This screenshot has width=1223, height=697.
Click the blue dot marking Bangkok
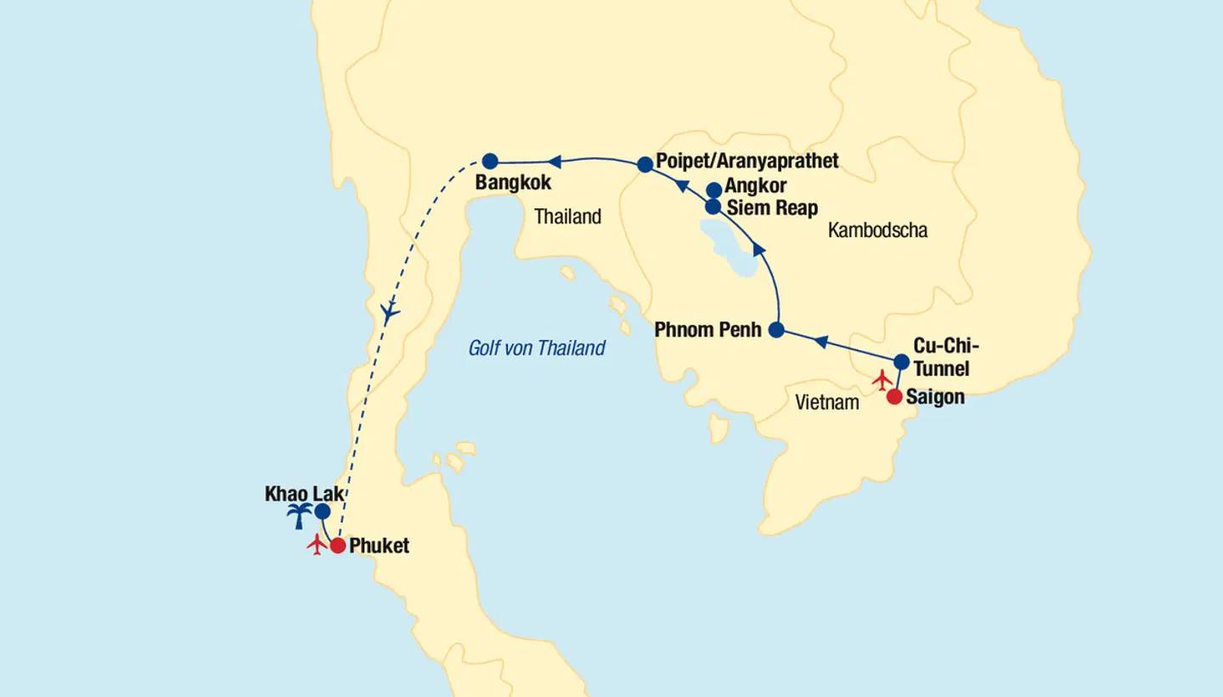[490, 161]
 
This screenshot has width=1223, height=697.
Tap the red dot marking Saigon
[894, 396]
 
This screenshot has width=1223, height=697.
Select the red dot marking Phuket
[337, 546]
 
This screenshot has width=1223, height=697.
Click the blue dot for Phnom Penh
[775, 330]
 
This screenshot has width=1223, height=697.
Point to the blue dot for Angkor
[713, 190]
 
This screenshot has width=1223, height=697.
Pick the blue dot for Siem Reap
[713, 207]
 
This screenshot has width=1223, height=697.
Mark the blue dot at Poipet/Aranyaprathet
[645, 165]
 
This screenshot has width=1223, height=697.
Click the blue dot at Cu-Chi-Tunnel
[902, 362]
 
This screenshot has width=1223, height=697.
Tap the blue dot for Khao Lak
[322, 512]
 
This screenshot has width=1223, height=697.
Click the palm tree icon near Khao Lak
[299, 515]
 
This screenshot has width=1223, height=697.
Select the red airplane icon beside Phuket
[318, 545]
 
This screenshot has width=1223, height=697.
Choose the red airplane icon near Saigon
[882, 378]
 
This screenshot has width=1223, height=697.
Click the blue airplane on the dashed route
[390, 312]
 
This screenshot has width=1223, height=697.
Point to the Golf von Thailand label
[537, 348]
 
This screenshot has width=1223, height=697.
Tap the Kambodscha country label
[877, 230]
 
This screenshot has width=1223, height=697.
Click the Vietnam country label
[827, 403]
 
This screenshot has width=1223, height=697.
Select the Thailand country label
[567, 217]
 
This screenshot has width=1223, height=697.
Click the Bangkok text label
[513, 183]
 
